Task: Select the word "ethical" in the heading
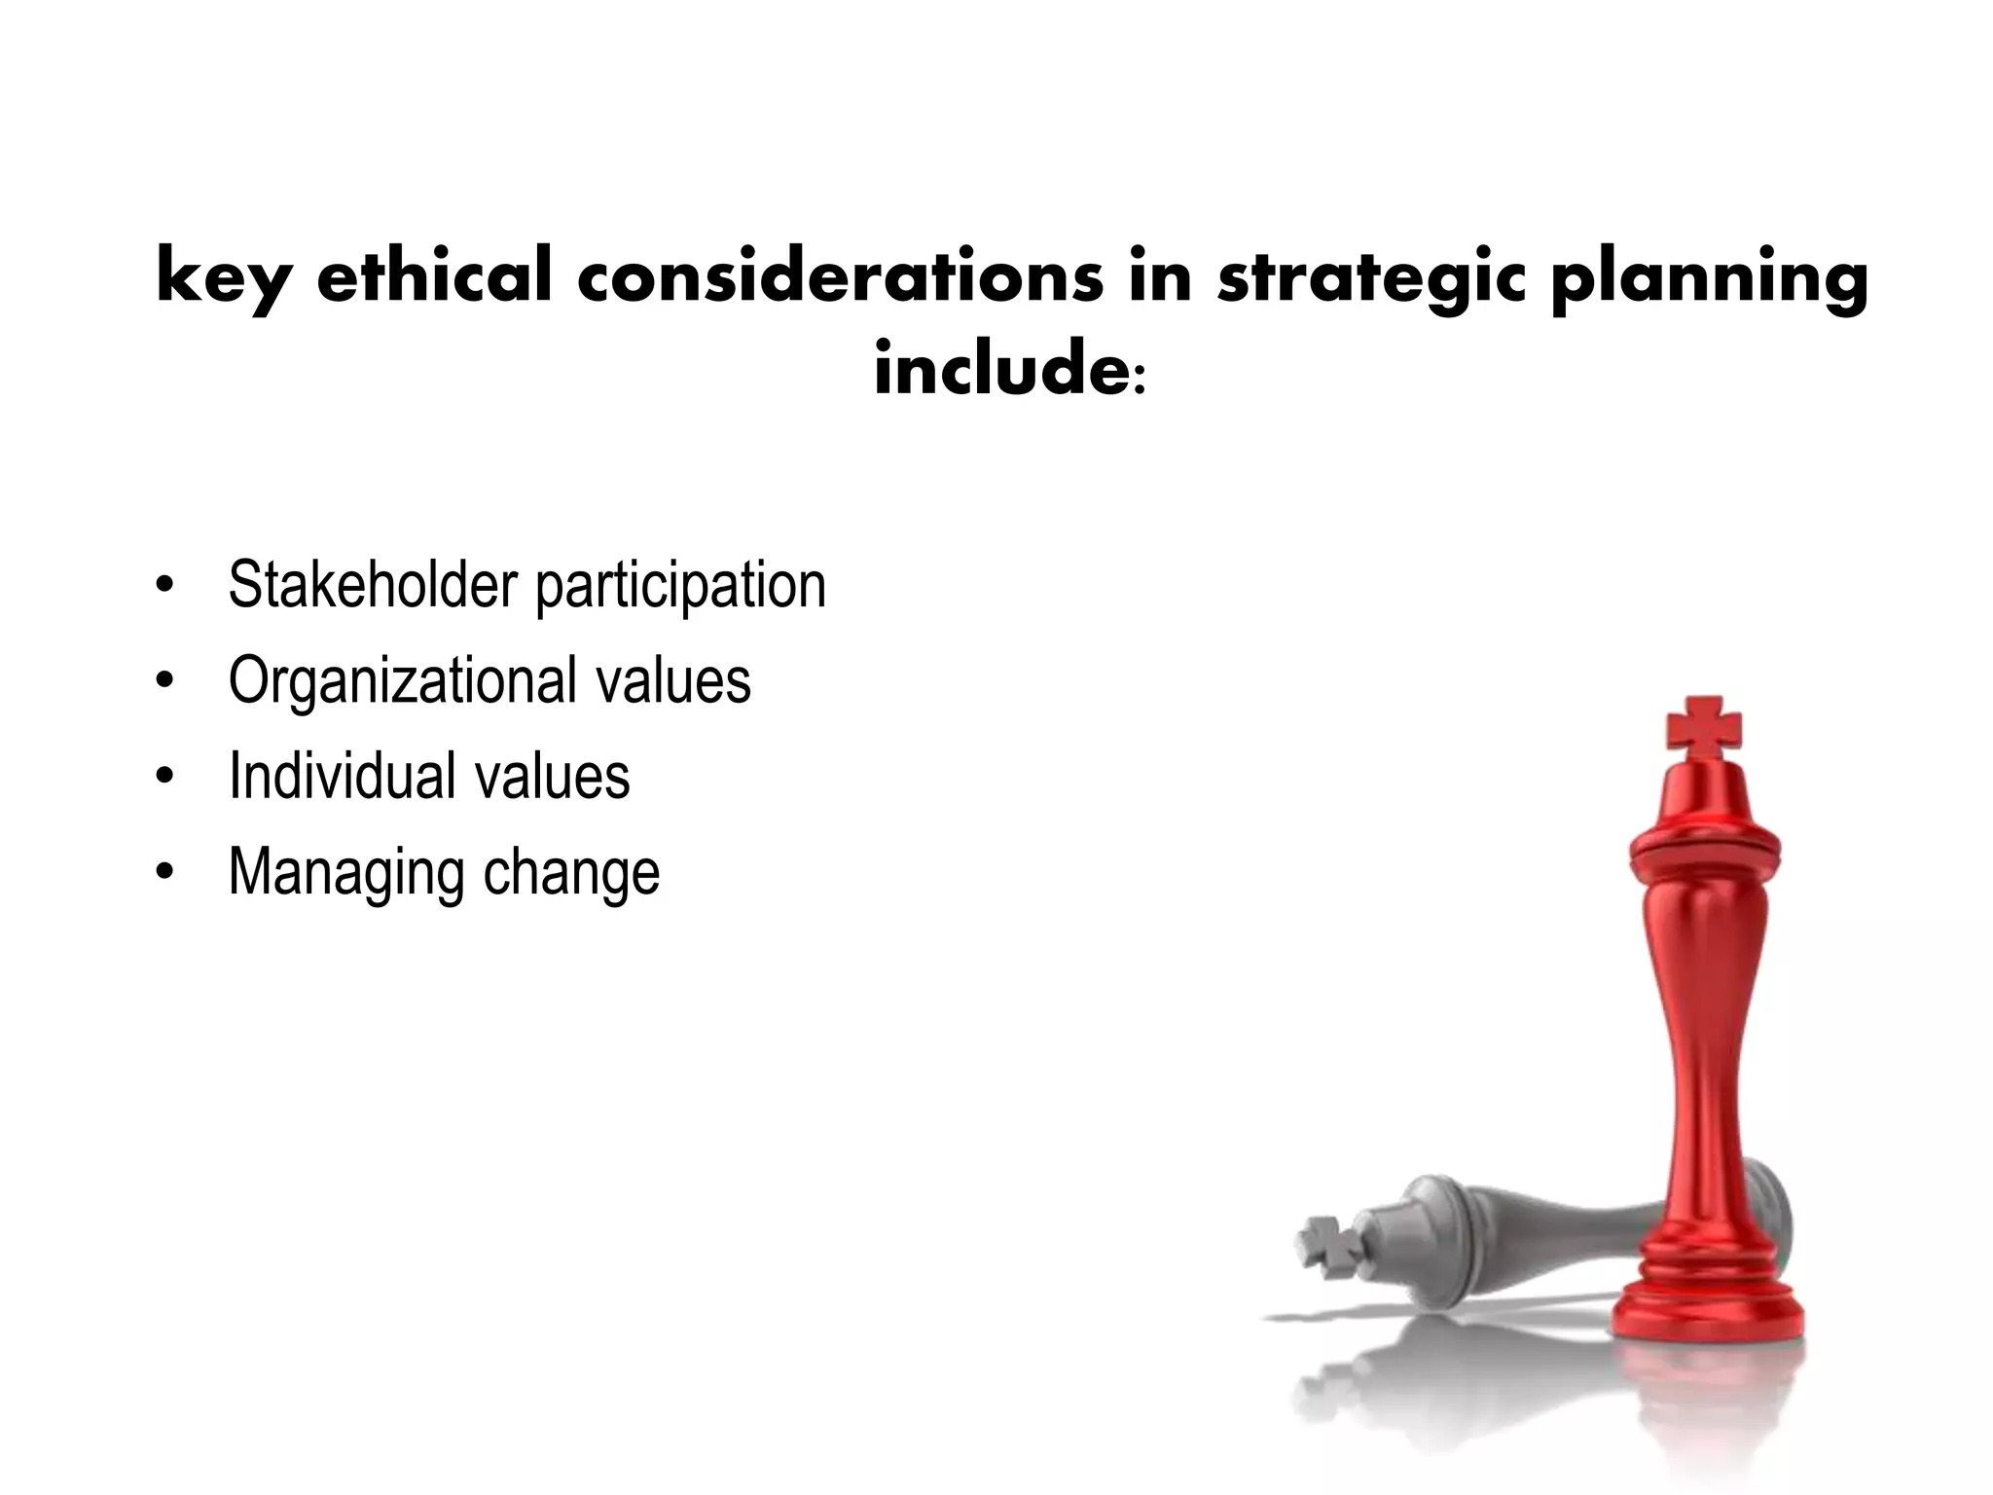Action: (x=434, y=276)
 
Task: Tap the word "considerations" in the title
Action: (x=840, y=276)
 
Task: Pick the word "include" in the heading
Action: (x=1000, y=370)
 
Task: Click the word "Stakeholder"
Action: (x=373, y=585)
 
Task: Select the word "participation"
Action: (x=681, y=587)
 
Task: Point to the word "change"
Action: (x=572, y=871)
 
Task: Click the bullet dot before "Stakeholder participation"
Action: (x=164, y=586)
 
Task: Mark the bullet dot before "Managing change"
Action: (x=164, y=872)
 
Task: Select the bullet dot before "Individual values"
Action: (x=164, y=777)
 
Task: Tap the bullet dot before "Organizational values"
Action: (x=164, y=681)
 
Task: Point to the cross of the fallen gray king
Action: (x=1326, y=1246)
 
